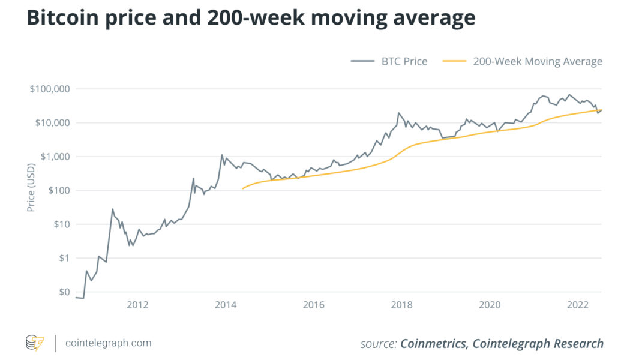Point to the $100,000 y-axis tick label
pos(50,89)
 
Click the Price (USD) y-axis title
pos(31,190)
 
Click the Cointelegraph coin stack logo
pos(35,343)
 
